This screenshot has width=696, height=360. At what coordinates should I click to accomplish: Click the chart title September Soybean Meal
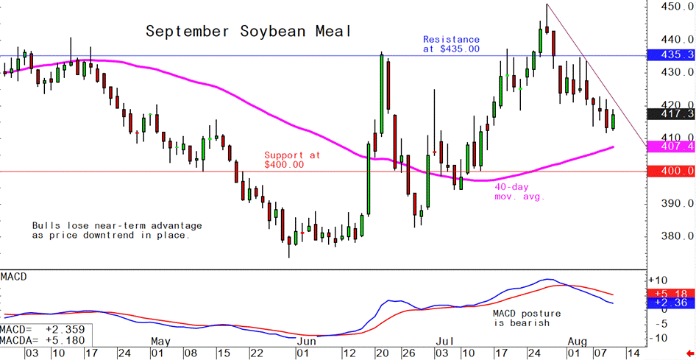(248, 32)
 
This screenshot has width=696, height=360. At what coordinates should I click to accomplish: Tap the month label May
(160, 342)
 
